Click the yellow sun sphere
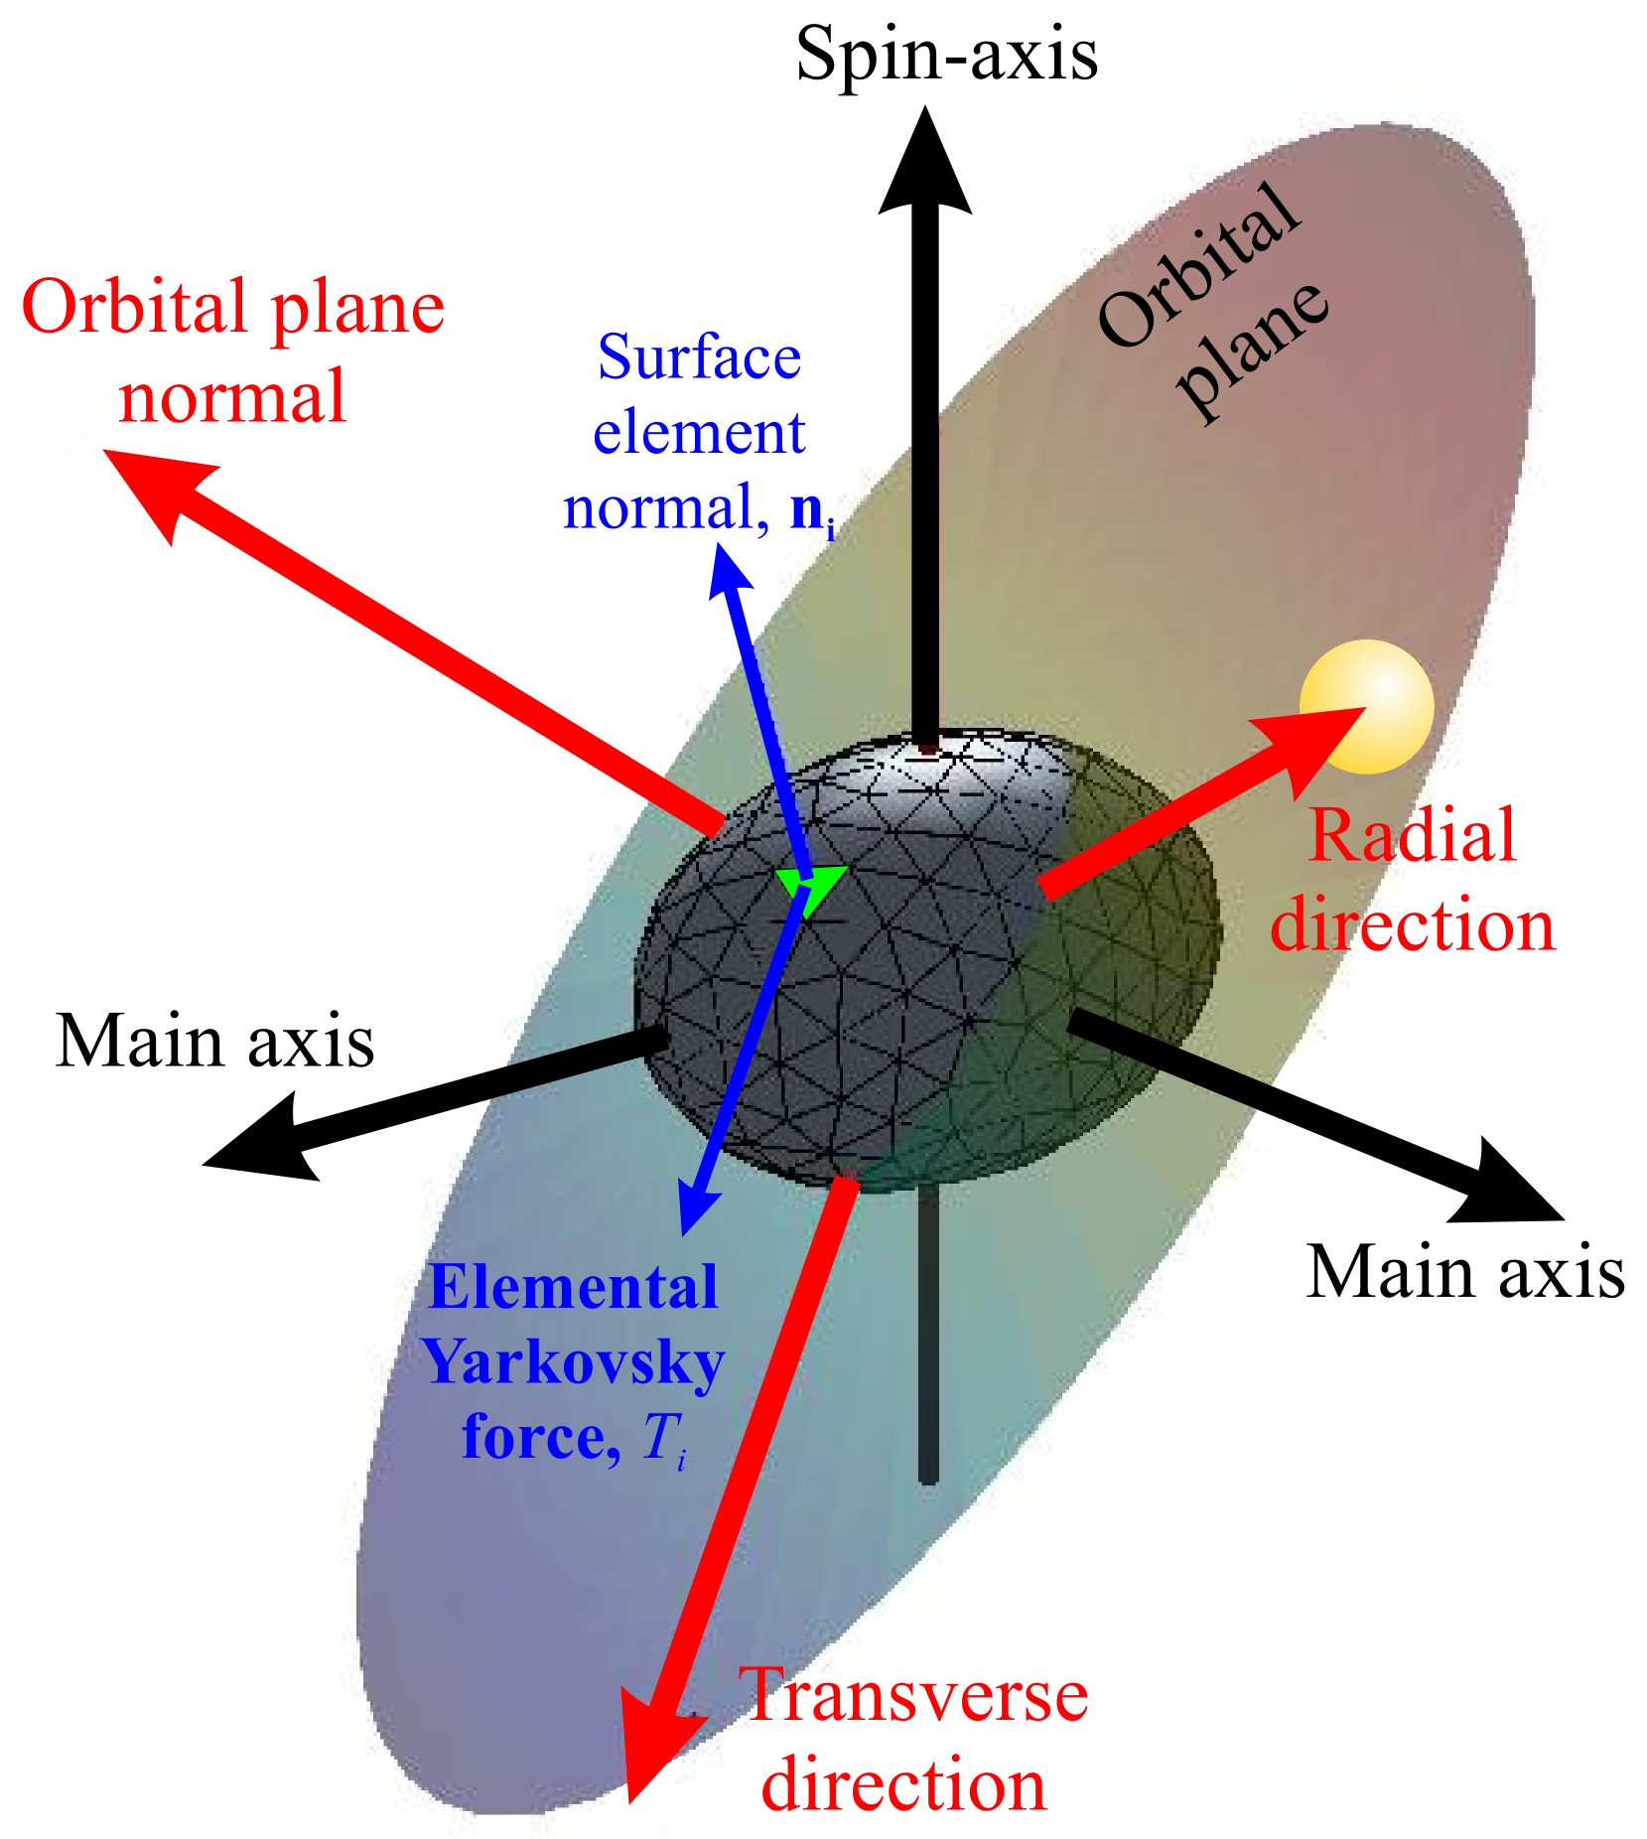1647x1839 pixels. pyautogui.click(x=1367, y=706)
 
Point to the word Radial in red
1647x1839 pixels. pyautogui.click(x=1413, y=836)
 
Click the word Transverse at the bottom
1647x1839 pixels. pyautogui.click(x=913, y=1696)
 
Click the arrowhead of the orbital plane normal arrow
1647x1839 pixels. pyautogui.click(x=149, y=487)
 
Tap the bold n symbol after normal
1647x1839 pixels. pyautogui.click(x=807, y=508)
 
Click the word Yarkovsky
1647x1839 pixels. pyautogui.click(x=573, y=1362)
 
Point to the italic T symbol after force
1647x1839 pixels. pyautogui.click(x=660, y=1436)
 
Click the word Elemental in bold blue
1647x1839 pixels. pyautogui.click(x=573, y=1288)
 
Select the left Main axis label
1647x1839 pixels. pyautogui.click(x=218, y=1043)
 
